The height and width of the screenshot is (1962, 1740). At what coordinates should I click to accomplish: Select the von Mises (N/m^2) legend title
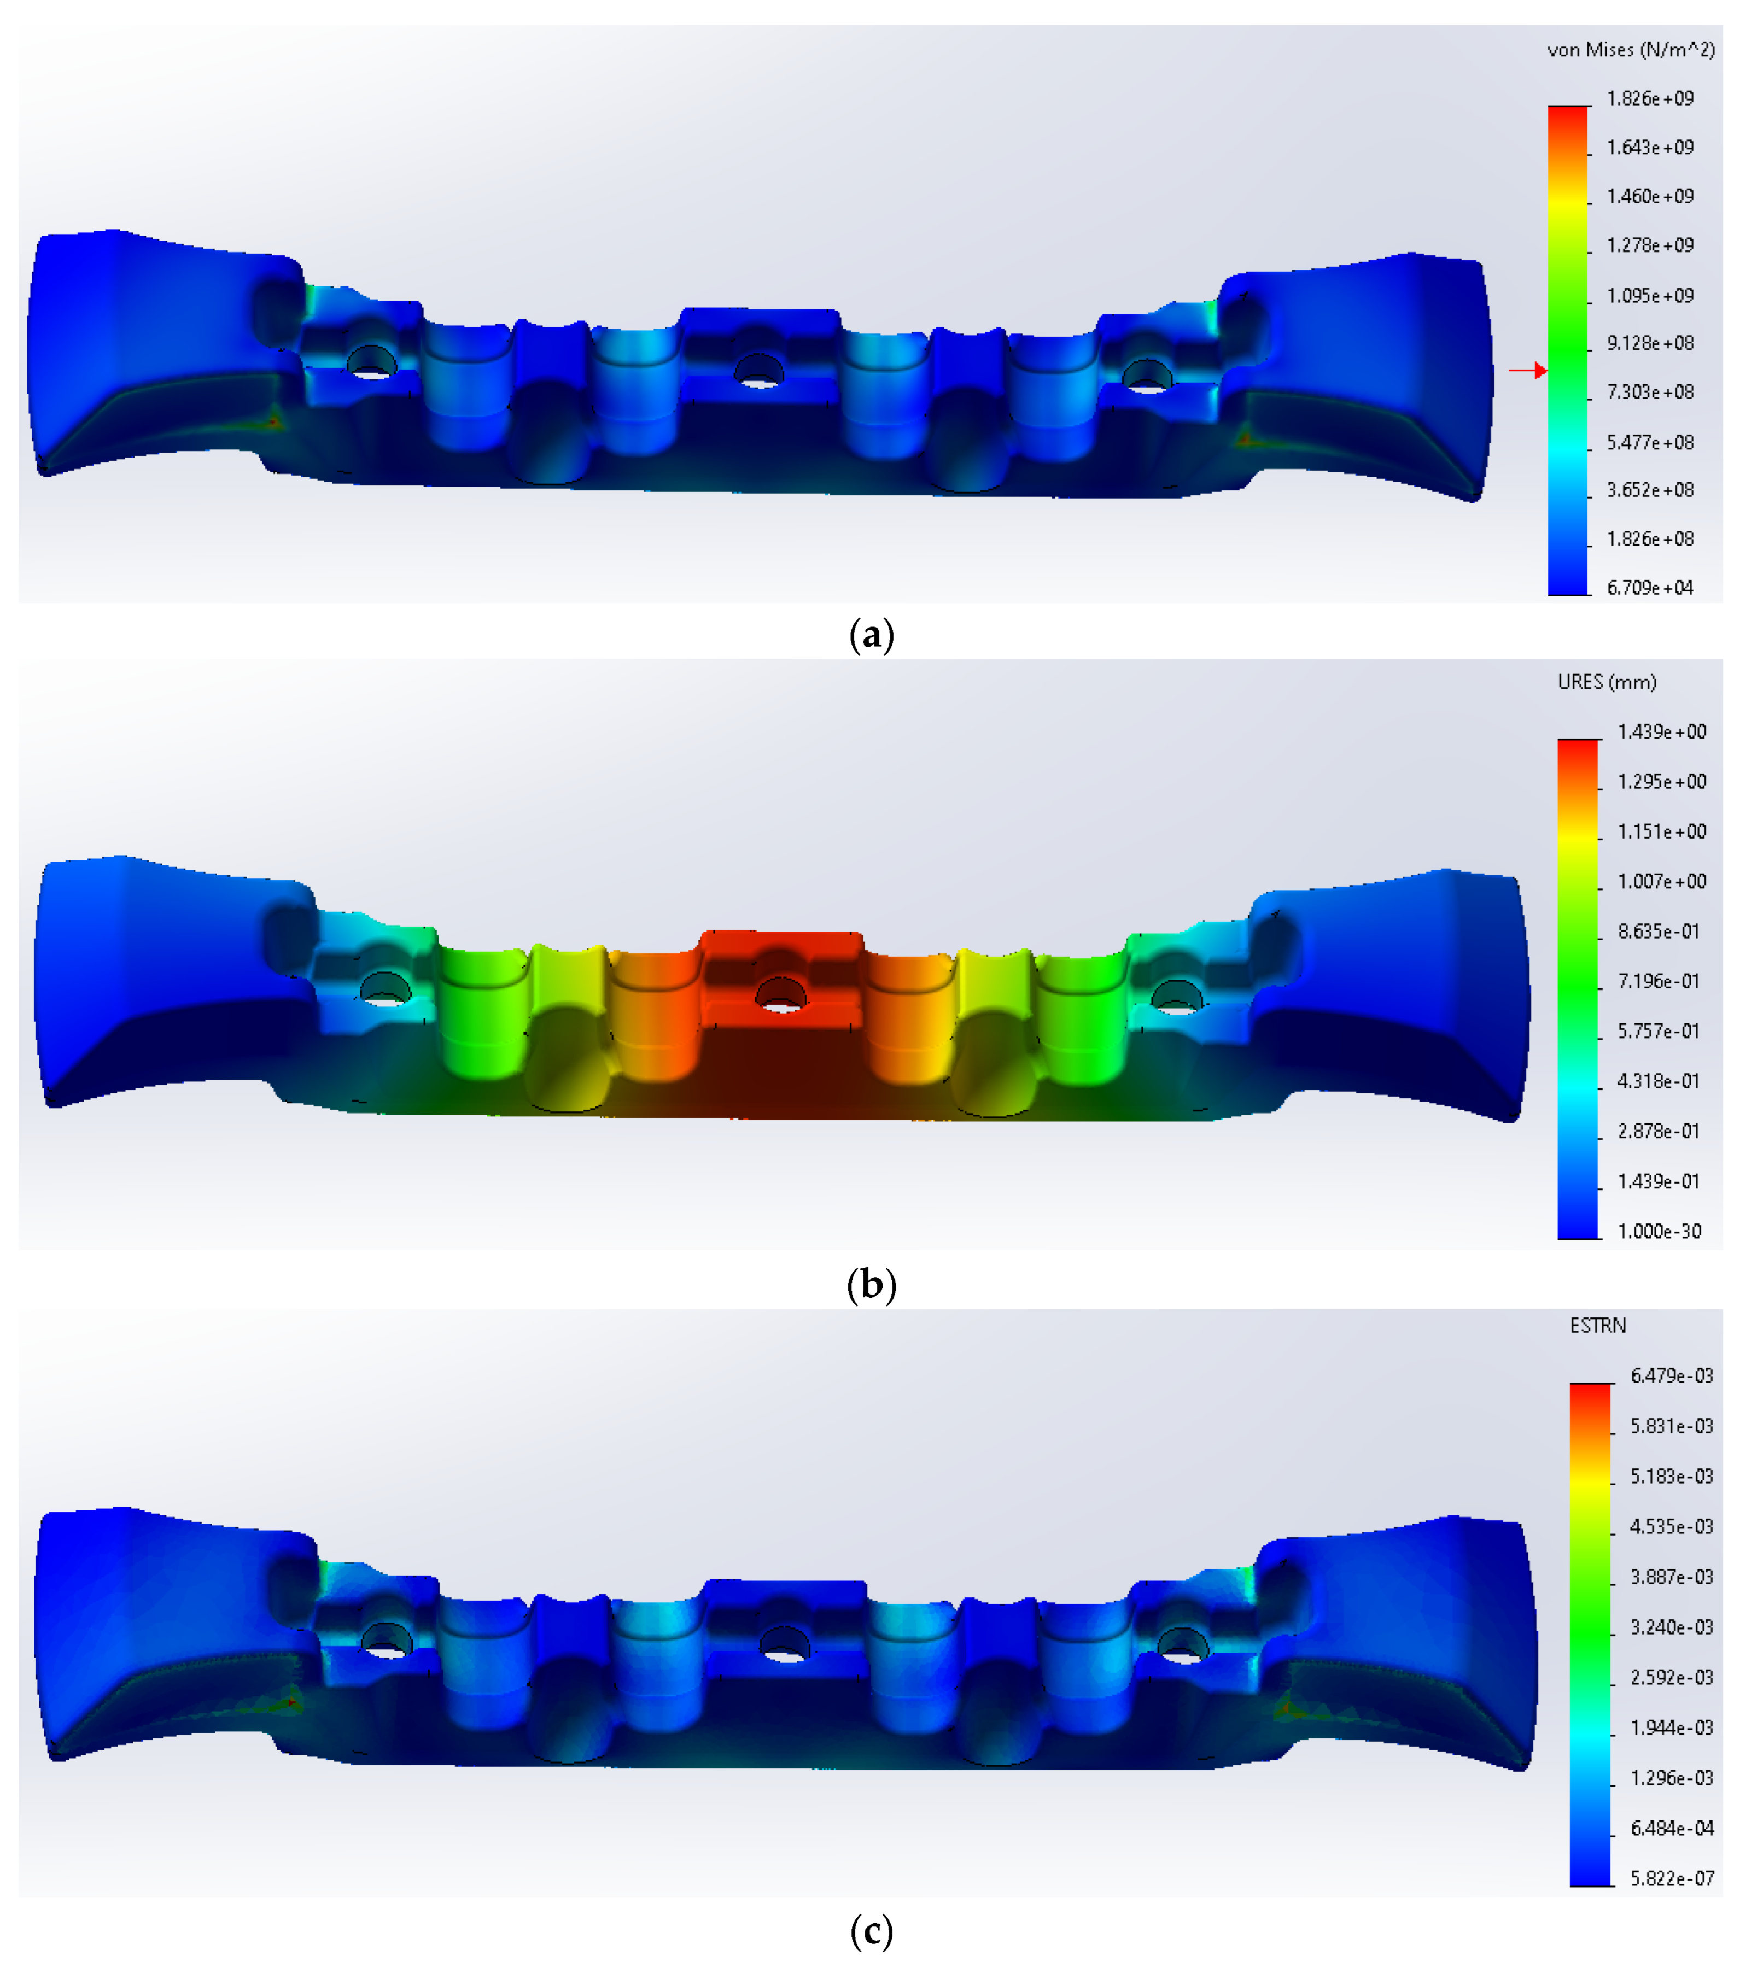point(1631,50)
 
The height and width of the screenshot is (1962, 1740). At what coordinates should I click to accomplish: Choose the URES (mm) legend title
point(1607,682)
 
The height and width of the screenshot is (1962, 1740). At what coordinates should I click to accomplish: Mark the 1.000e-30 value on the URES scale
point(1659,1232)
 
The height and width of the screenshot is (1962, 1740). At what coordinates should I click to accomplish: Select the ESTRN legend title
point(1598,1326)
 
